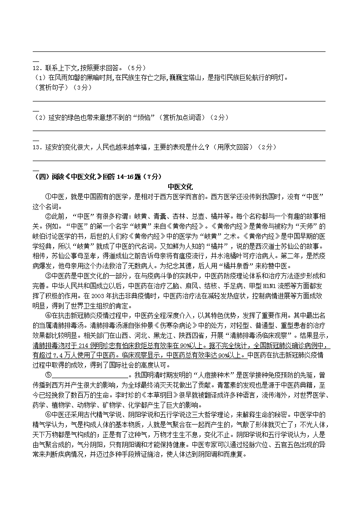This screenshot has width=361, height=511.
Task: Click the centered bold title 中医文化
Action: (180, 187)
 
